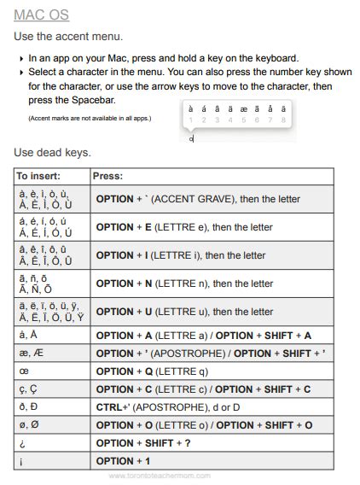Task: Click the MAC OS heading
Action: [42, 15]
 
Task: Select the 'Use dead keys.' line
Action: [52, 152]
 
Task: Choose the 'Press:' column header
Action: [109, 176]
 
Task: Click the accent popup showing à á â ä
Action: [236, 114]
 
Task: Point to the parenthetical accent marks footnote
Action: [90, 118]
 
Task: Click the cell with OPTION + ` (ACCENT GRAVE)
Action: [198, 199]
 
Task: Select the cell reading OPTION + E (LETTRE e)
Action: [184, 227]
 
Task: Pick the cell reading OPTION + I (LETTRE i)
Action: [181, 255]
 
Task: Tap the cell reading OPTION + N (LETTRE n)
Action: [184, 283]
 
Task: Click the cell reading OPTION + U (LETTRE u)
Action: [184, 312]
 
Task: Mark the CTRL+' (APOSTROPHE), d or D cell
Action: [168, 407]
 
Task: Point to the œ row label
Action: [23, 371]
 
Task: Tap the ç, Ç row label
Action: [28, 389]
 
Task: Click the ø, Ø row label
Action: [28, 425]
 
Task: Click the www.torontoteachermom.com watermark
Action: [160, 476]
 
